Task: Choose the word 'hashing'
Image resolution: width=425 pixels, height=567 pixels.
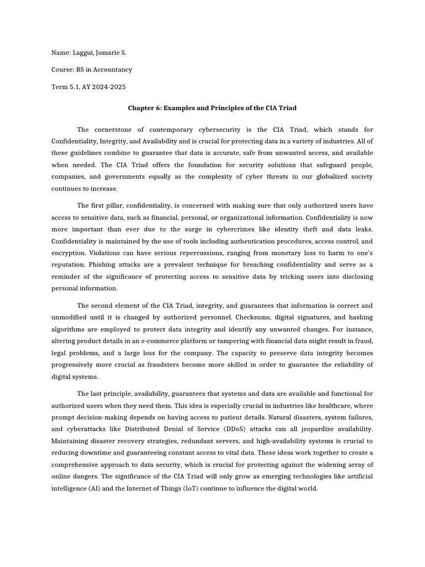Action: pyautogui.click(x=359, y=317)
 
